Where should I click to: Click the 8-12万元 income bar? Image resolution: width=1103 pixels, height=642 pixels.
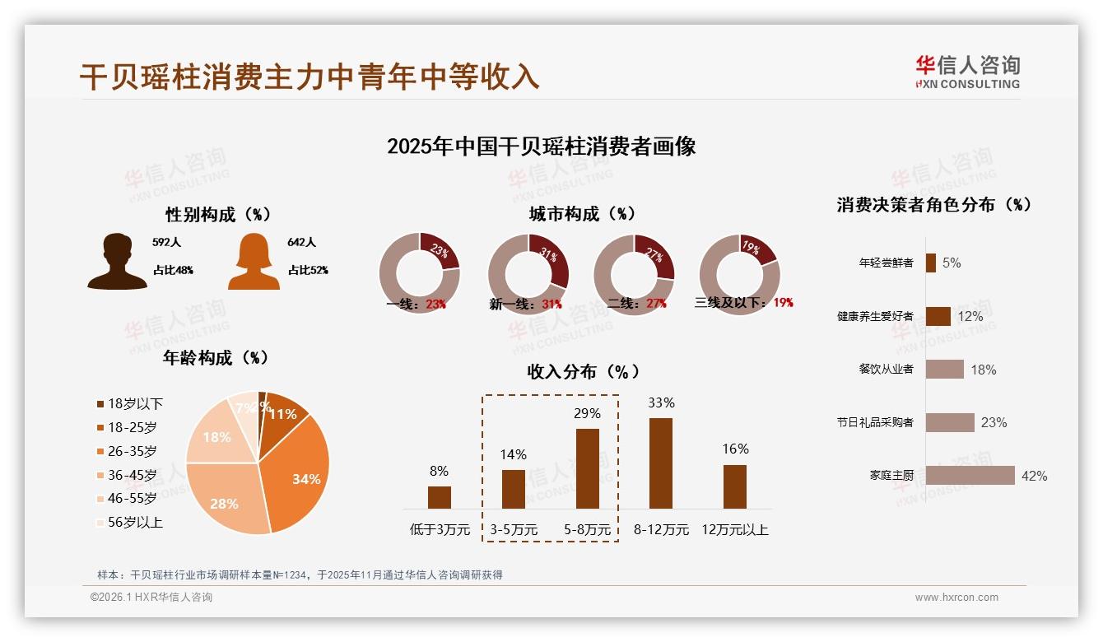[x=661, y=463]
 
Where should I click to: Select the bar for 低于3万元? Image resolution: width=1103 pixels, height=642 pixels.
[x=440, y=497]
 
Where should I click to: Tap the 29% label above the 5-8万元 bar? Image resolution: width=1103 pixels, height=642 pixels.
[x=587, y=413]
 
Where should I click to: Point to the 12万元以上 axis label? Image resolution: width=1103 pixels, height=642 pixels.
[x=734, y=530]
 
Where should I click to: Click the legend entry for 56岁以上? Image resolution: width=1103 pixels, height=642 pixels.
[x=129, y=523]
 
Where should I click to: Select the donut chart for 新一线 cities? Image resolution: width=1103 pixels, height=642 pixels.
[x=528, y=274]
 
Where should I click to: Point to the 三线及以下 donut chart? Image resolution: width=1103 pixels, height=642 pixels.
[x=739, y=274]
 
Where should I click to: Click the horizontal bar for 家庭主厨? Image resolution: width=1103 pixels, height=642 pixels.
[x=970, y=475]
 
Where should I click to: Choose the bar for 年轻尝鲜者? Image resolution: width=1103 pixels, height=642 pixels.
[x=931, y=263]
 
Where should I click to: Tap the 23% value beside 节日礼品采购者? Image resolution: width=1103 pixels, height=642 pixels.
[x=994, y=422]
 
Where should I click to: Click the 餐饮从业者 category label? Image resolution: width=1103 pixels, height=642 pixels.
[x=886, y=369]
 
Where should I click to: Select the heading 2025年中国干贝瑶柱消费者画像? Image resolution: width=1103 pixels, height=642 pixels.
[x=542, y=147]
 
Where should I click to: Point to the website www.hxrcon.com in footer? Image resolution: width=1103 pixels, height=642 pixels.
[x=956, y=598]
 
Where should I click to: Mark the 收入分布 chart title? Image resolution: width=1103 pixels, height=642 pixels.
[x=583, y=371]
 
